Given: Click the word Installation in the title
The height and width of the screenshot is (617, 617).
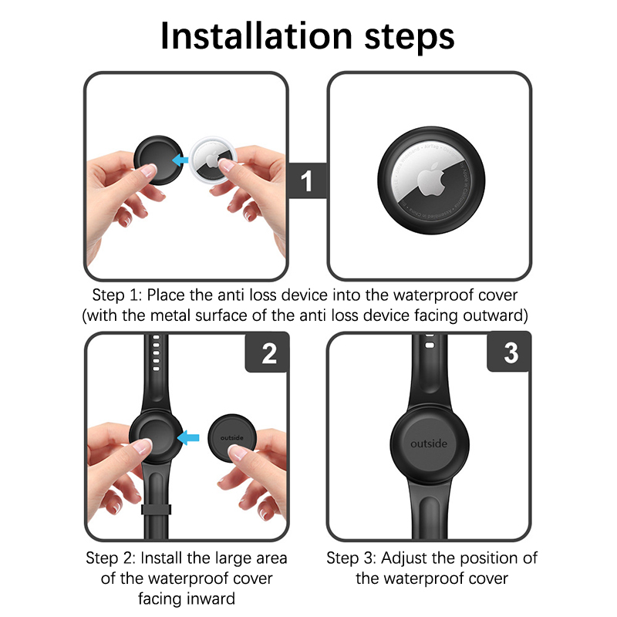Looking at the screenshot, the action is tap(256, 35).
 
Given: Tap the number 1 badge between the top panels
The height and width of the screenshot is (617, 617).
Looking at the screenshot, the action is tap(307, 180).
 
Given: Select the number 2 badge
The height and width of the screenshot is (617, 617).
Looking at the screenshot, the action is tap(269, 353).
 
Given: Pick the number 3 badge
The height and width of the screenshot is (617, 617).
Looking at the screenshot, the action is tap(511, 352).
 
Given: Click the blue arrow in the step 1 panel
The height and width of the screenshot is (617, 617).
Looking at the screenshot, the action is tap(180, 160).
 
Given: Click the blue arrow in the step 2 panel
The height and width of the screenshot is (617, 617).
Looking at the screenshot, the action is tap(188, 437).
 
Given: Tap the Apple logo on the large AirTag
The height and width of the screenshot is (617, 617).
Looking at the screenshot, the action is tap(431, 180).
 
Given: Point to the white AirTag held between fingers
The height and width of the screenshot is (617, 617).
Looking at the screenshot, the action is tap(213, 160).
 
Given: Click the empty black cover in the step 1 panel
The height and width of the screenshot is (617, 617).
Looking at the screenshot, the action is tap(158, 160).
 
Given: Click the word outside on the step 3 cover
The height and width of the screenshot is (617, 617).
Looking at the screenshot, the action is tap(429, 444).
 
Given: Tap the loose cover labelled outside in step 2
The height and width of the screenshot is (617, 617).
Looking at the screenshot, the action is tap(232, 437).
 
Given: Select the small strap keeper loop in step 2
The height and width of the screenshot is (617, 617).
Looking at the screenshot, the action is tap(157, 509).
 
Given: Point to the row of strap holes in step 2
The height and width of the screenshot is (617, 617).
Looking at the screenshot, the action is tap(157, 353).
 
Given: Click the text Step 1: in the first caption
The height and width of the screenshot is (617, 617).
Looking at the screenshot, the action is tap(117, 295).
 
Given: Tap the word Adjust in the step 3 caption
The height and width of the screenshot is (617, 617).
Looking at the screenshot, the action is tap(404, 558).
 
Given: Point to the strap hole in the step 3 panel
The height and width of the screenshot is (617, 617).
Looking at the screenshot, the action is tap(430, 345).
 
